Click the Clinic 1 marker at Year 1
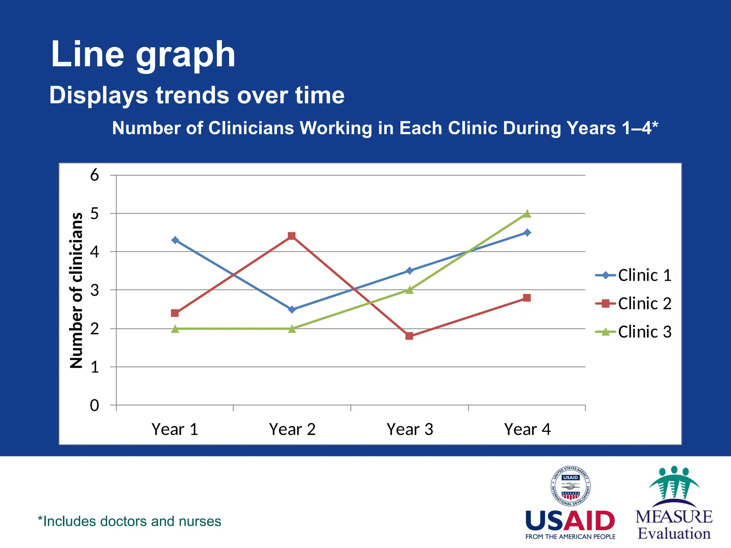point(175,240)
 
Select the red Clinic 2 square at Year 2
point(292,236)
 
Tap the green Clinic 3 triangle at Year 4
point(527,214)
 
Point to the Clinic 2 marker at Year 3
point(409,336)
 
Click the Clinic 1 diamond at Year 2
point(292,309)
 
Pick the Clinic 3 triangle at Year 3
point(409,290)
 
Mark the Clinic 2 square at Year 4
point(527,298)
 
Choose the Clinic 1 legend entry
point(634,275)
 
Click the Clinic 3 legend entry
point(634,332)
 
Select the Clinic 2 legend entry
point(634,304)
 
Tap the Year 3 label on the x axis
point(410,429)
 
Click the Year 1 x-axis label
point(175,429)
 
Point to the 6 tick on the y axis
point(94,175)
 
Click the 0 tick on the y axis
point(94,405)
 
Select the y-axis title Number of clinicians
point(76,290)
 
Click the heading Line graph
point(143,54)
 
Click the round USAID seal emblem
point(570,486)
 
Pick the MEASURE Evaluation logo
point(674,503)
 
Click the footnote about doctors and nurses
point(130,521)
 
